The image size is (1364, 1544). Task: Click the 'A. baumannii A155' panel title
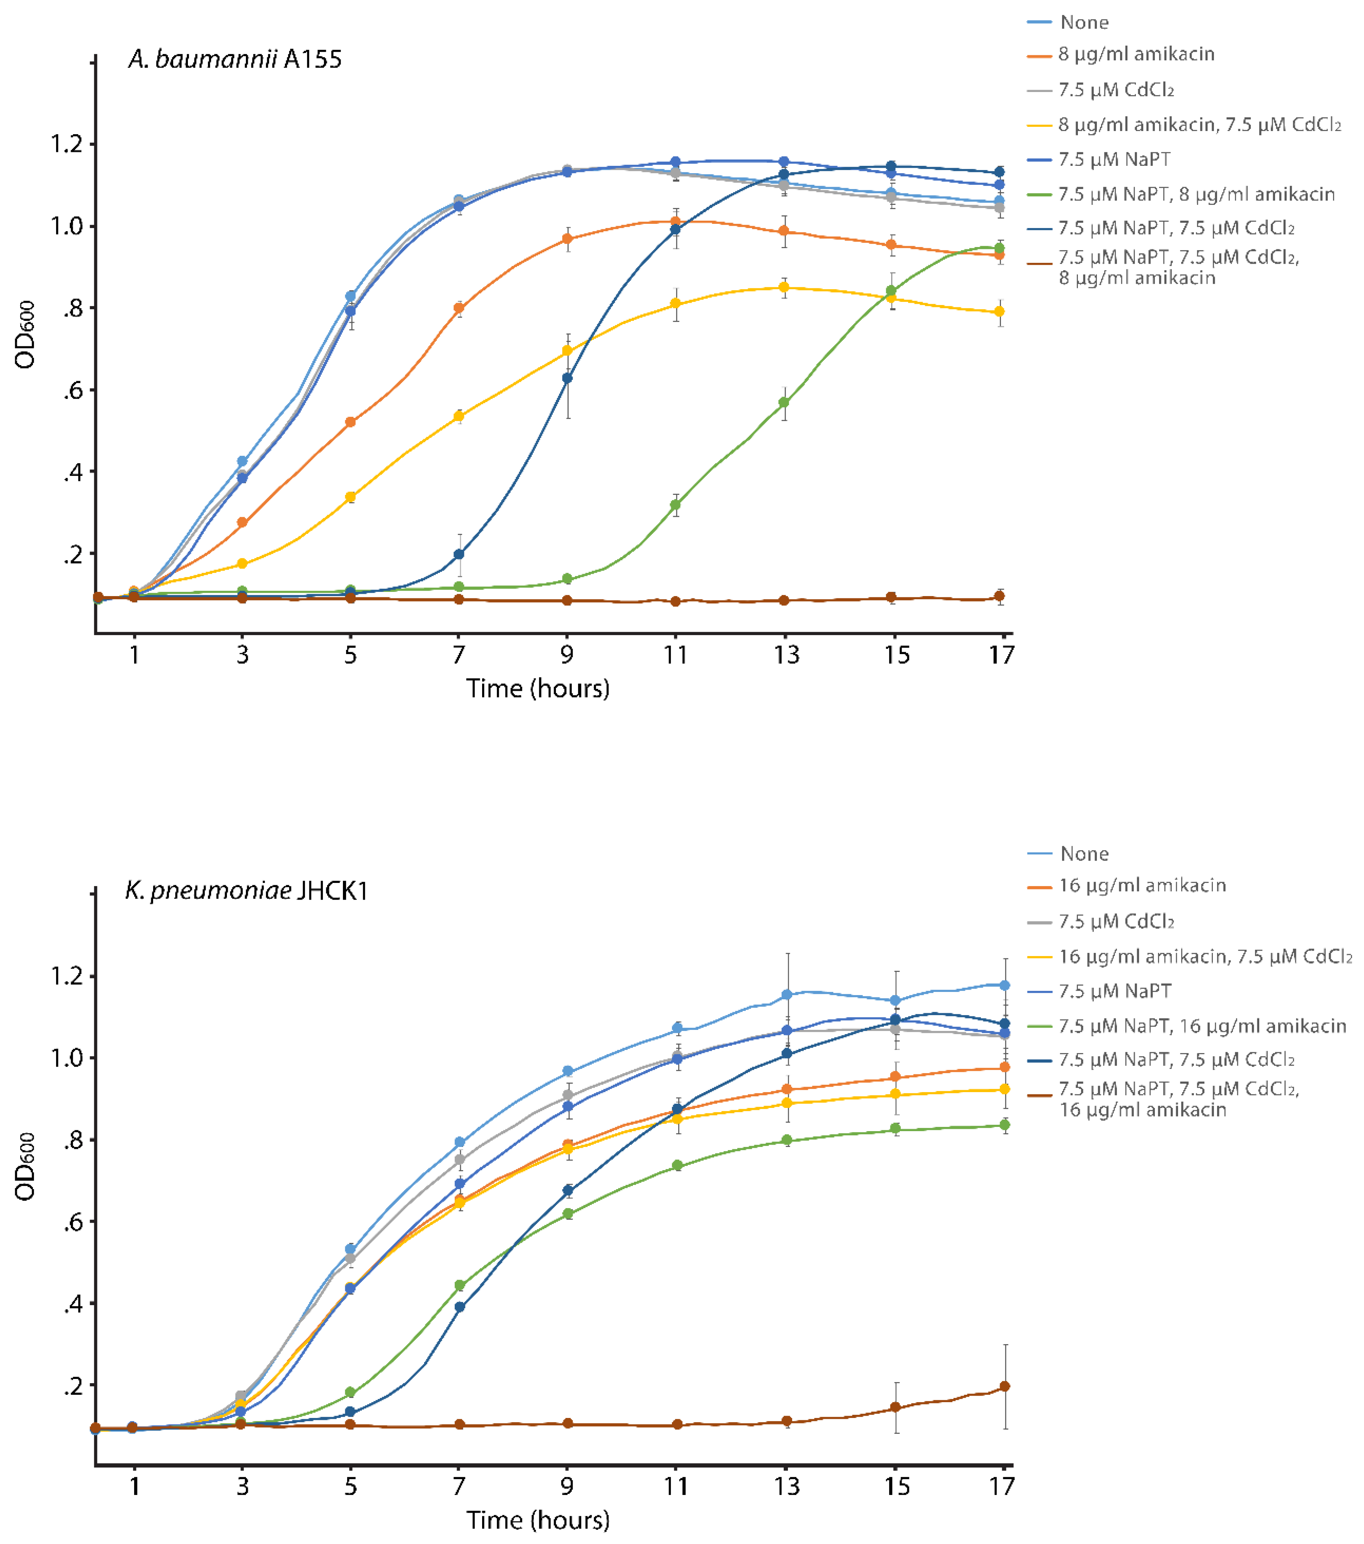click(x=235, y=59)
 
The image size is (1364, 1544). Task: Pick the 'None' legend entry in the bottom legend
click(x=1084, y=854)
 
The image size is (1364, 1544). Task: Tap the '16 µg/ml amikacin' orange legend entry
click(x=1141, y=885)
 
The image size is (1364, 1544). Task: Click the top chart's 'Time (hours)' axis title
click(x=538, y=688)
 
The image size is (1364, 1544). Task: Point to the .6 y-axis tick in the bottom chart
click(x=73, y=1222)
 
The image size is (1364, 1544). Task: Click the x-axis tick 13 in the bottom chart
click(x=786, y=1486)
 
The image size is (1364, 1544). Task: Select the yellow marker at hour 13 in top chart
click(x=784, y=288)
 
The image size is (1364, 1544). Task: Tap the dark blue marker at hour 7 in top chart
click(x=459, y=554)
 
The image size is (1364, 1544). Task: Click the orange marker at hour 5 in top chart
click(x=350, y=422)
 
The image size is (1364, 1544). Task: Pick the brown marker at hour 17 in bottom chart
click(x=1004, y=1387)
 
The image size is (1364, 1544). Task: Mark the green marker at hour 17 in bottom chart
click(x=1004, y=1125)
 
